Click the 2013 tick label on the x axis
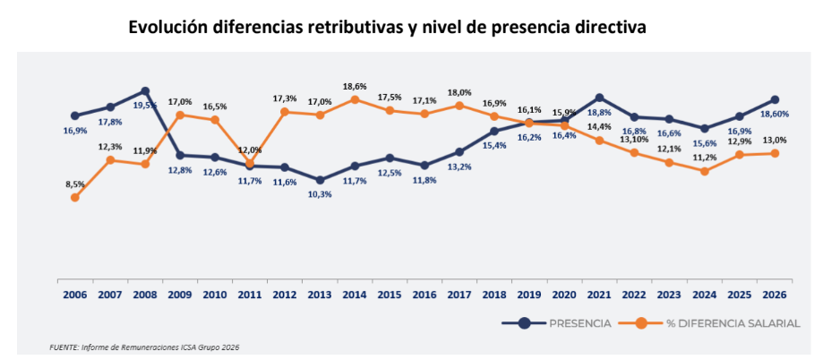[320, 294]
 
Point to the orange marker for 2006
[75, 197]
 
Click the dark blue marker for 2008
[145, 91]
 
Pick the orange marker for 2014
[355, 99]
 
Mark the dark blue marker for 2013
[320, 180]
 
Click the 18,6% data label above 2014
[355, 86]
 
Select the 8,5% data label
[74, 184]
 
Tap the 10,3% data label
[320, 194]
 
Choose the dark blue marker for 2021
[599, 98]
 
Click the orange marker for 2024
[705, 171]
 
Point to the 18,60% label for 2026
[775, 115]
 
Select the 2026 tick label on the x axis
[775, 294]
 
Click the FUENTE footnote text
[144, 347]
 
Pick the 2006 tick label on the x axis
[75, 294]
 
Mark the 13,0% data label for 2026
[775, 140]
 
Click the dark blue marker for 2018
[494, 131]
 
